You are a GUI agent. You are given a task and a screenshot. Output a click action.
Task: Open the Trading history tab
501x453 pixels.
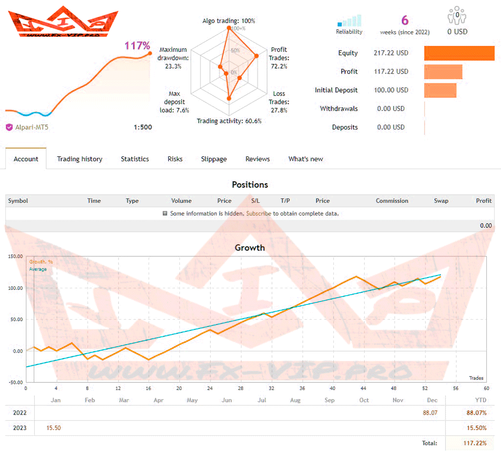79,159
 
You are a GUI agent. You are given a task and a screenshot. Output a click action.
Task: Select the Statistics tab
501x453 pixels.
135,159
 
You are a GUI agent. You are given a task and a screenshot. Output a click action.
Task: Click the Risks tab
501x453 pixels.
175,159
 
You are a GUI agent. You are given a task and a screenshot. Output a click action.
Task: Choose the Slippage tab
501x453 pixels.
214,159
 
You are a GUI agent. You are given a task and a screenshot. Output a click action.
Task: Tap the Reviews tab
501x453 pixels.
258,159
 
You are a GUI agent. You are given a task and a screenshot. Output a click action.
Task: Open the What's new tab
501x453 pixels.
305,159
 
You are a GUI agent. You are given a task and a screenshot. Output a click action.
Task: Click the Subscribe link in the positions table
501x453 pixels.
258,214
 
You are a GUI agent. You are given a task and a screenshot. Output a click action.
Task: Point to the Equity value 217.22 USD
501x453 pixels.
391,53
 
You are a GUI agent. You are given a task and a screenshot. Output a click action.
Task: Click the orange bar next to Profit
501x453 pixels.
443,72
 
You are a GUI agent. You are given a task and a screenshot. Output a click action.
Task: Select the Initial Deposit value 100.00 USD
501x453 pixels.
391,90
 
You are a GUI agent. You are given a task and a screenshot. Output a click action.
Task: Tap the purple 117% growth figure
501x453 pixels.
137,46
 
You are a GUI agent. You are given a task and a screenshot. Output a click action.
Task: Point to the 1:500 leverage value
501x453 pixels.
143,127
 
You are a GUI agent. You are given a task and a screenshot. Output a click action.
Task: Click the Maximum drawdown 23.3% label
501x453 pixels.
173,58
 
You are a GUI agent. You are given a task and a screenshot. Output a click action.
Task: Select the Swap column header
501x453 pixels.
441,201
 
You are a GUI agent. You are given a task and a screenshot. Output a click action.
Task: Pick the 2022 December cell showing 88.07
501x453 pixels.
430,413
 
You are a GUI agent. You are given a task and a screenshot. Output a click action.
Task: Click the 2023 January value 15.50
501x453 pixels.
53,428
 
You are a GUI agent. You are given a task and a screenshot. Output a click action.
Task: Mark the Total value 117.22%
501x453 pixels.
474,443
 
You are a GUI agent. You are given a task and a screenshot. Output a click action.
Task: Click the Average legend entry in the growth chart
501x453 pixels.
38,269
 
